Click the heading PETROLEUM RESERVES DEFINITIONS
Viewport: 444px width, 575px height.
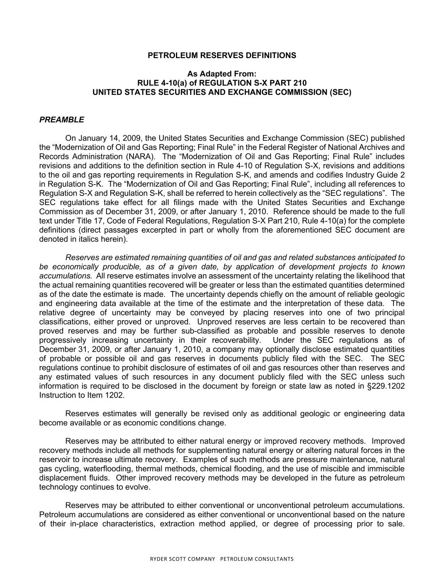222,56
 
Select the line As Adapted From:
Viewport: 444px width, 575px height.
222,74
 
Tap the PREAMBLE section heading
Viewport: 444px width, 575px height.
61,120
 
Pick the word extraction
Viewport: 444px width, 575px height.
176,524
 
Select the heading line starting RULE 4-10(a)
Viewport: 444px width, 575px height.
222,83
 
